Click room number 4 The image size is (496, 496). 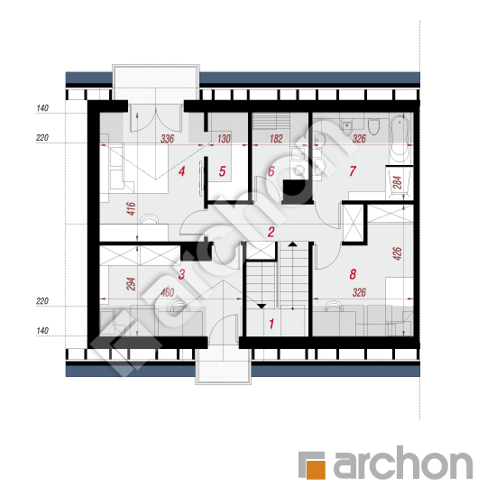pyautogui.click(x=181, y=171)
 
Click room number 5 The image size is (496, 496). pyautogui.click(x=222, y=171)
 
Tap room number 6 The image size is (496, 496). pyautogui.click(x=271, y=171)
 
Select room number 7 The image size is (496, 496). pyautogui.click(x=353, y=171)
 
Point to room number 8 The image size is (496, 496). pyautogui.click(x=353, y=274)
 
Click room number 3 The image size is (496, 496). pyautogui.click(x=181, y=274)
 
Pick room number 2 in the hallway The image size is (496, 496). pyautogui.click(x=271, y=232)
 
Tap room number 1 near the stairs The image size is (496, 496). pyautogui.click(x=271, y=324)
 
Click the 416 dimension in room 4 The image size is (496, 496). pyautogui.click(x=131, y=209)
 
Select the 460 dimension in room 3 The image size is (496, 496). pyautogui.click(x=167, y=292)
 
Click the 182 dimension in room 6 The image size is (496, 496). pyautogui.click(x=276, y=139)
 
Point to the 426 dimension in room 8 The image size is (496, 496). pyautogui.click(x=398, y=253)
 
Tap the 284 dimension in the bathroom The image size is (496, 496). pyautogui.click(x=398, y=182)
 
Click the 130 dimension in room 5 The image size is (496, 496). pyautogui.click(x=224, y=139)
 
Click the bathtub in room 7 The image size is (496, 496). pyautogui.click(x=400, y=139)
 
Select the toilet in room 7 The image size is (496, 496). pyautogui.click(x=374, y=126)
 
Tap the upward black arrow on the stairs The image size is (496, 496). pyautogui.click(x=292, y=243)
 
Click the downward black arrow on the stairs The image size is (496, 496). pyautogui.click(x=262, y=306)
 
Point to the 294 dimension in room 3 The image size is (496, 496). pyautogui.click(x=131, y=284)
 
